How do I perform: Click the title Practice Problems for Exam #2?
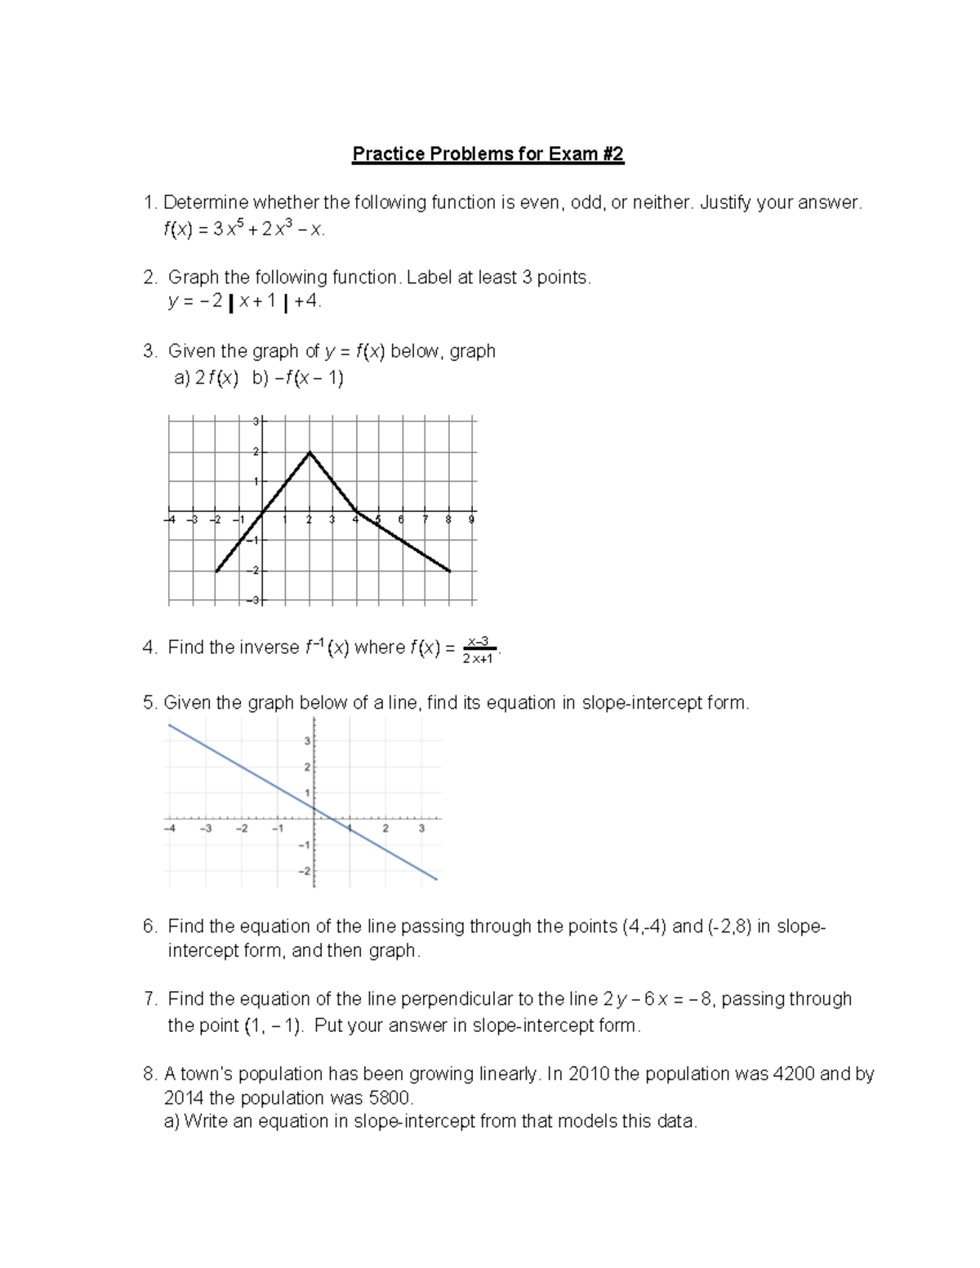tap(488, 154)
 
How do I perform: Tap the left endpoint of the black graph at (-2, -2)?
tap(216, 572)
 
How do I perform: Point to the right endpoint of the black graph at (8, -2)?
tap(450, 572)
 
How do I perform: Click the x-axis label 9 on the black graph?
tap(472, 520)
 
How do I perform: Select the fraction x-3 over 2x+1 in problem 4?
tap(478, 650)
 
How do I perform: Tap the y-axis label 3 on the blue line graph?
tap(307, 741)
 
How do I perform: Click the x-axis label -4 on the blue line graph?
tap(170, 829)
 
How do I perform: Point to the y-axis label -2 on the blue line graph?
tap(305, 872)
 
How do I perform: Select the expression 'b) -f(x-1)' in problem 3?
tap(298, 378)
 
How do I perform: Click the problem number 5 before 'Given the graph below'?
tap(148, 703)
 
